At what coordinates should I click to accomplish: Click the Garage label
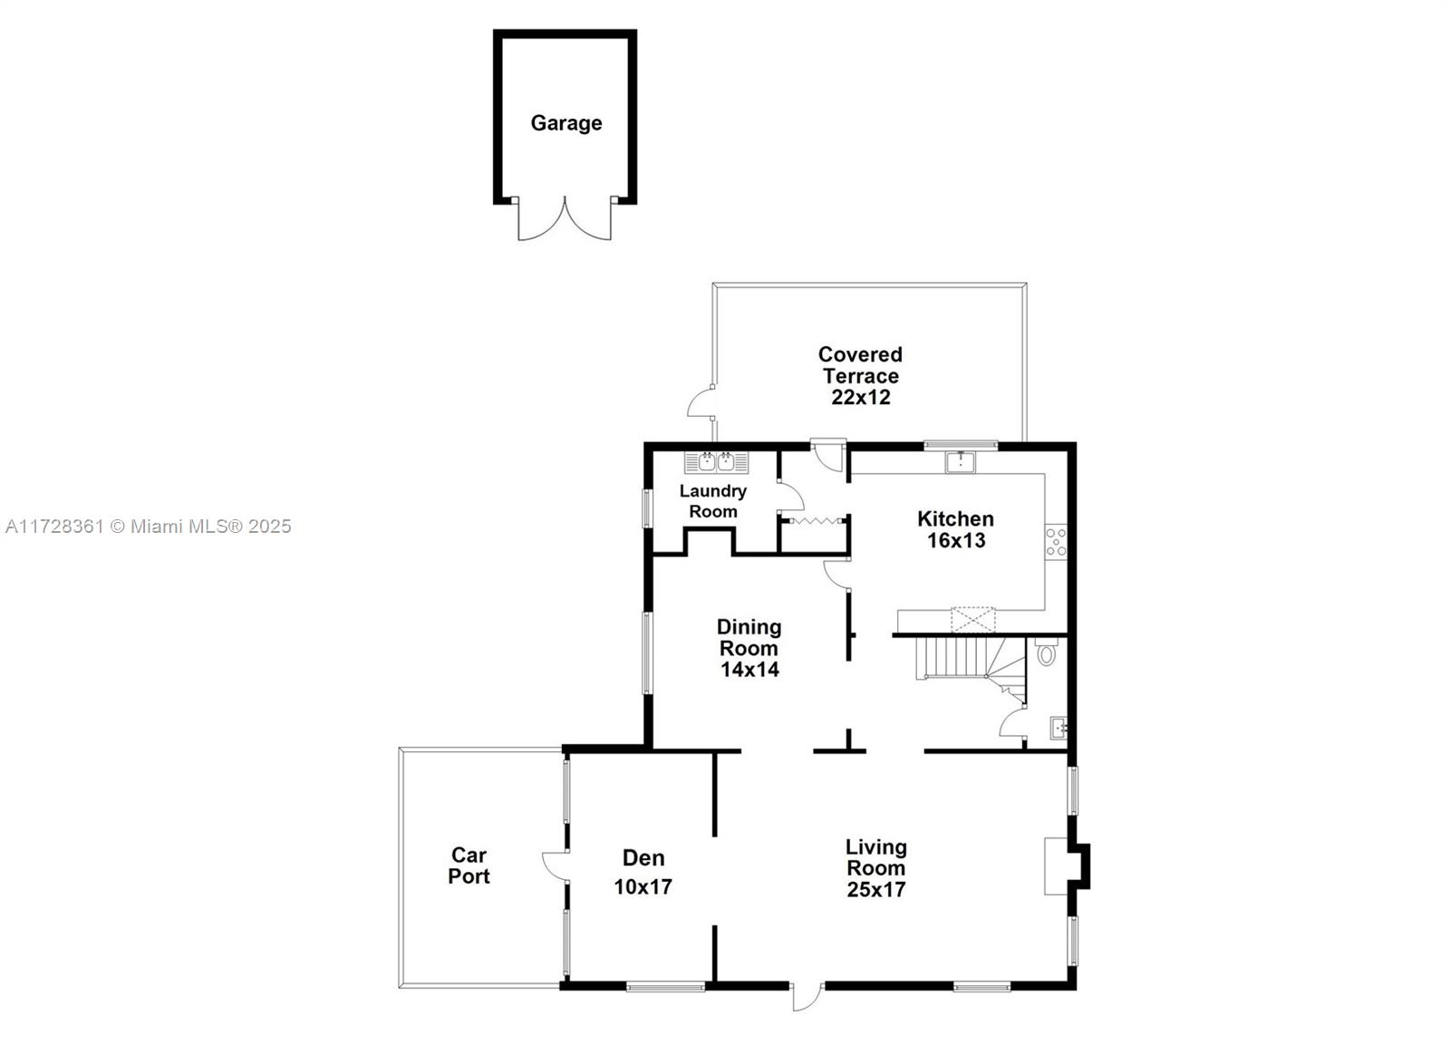click(565, 123)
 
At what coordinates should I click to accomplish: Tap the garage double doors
click(565, 220)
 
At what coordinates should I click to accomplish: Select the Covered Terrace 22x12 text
click(860, 375)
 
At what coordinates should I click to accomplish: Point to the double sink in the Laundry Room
click(716, 462)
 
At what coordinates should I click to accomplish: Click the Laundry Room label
click(713, 501)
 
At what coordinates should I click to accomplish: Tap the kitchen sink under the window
click(960, 462)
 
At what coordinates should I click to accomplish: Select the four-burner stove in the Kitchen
click(1056, 542)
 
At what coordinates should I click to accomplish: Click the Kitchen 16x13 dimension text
click(955, 530)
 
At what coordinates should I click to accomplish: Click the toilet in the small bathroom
click(1047, 653)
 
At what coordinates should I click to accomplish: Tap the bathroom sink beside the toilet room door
click(1058, 727)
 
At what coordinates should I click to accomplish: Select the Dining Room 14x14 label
click(749, 648)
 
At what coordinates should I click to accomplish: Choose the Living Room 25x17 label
click(875, 868)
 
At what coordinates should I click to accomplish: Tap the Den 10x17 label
click(643, 872)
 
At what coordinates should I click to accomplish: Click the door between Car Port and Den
click(556, 865)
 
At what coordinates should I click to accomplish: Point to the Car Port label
click(469, 865)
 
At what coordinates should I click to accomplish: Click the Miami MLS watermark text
click(149, 527)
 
